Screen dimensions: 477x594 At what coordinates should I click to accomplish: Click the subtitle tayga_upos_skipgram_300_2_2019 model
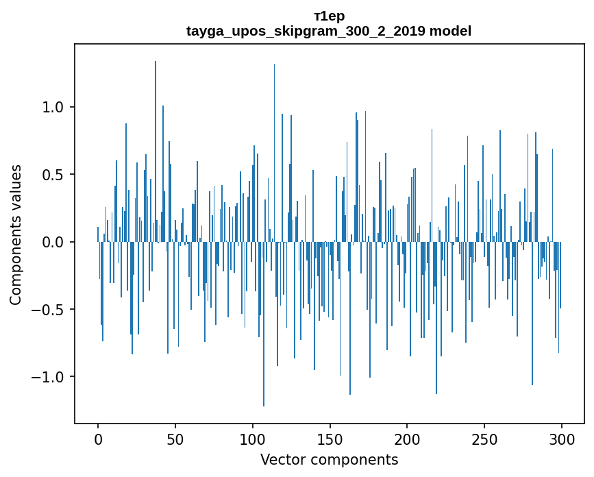329,31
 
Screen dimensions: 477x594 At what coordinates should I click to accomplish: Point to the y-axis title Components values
16,234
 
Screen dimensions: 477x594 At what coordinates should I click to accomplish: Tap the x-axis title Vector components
329,459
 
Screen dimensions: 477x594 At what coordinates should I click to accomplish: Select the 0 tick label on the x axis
98,439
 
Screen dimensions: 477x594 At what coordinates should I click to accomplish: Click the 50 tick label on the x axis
175,439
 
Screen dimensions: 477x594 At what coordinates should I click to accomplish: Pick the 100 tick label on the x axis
253,439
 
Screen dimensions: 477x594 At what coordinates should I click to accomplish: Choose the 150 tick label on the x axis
330,439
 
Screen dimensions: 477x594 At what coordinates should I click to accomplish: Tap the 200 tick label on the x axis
407,439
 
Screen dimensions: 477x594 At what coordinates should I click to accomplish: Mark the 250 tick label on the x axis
484,439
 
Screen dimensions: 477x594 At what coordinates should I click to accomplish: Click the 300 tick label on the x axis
562,439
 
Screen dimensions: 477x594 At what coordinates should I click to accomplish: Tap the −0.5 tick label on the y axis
49,309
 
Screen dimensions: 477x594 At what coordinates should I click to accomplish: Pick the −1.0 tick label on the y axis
49,377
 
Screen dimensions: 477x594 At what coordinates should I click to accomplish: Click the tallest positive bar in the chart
156,151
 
